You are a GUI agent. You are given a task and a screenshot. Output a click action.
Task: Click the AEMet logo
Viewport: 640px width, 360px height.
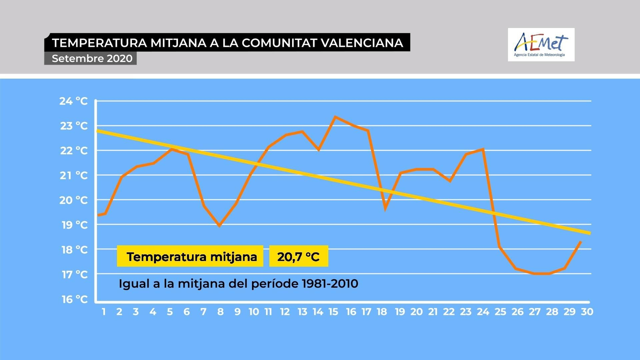541,44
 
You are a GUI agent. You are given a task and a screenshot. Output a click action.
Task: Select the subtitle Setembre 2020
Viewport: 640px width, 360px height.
92,58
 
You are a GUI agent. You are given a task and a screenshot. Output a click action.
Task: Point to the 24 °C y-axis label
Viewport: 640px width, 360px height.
74,101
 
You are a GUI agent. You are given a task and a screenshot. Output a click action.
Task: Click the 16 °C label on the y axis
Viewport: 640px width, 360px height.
74,299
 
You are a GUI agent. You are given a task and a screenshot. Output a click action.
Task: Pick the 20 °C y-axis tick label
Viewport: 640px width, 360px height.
74,200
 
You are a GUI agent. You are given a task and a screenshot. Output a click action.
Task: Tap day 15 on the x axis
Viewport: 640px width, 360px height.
333,312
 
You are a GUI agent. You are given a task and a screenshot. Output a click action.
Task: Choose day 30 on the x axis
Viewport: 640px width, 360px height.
587,312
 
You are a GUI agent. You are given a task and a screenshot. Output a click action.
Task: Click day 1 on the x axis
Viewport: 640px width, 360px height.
104,312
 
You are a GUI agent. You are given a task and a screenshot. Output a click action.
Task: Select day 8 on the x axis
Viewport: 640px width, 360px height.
220,312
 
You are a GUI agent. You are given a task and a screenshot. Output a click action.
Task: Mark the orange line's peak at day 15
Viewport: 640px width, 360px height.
335,117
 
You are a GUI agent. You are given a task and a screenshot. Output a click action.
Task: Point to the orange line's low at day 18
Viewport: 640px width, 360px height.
385,208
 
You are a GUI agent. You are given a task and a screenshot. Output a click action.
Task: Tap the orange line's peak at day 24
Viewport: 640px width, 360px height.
484,149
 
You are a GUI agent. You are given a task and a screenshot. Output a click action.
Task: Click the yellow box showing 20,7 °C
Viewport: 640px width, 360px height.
298,256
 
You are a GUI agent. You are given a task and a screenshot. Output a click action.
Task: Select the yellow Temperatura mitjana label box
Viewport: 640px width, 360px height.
190,256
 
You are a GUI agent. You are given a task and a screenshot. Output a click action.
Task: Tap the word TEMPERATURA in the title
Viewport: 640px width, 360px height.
100,43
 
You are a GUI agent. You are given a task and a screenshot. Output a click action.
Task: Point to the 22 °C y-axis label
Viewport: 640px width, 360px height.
74,150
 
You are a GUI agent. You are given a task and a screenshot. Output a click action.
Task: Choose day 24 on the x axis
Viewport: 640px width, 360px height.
483,312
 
